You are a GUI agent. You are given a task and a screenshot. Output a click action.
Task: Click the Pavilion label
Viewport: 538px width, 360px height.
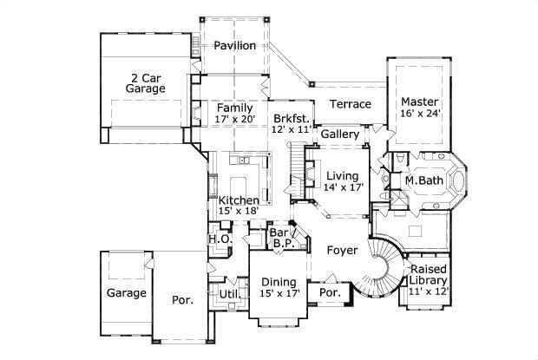click(235, 45)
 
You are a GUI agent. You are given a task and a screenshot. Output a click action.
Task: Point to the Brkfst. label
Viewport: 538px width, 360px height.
click(290, 118)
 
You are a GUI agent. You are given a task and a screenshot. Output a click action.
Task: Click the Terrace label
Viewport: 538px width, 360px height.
click(351, 104)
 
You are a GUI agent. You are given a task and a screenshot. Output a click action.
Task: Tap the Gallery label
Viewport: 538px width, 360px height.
click(341, 135)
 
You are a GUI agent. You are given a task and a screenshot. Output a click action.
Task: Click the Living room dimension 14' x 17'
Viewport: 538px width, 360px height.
click(341, 187)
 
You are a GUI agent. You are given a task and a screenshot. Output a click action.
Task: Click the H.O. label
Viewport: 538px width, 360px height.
click(218, 239)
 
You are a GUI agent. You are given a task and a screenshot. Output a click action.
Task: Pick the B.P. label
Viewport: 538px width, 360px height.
click(281, 245)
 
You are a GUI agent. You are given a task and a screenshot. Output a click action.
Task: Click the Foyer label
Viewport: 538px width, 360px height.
click(343, 250)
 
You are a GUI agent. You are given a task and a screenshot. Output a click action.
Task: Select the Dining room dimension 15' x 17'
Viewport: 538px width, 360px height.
click(279, 293)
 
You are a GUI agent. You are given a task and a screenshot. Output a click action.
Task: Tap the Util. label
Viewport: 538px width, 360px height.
click(228, 294)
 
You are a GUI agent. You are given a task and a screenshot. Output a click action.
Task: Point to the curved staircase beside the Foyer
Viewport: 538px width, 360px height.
click(378, 265)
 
